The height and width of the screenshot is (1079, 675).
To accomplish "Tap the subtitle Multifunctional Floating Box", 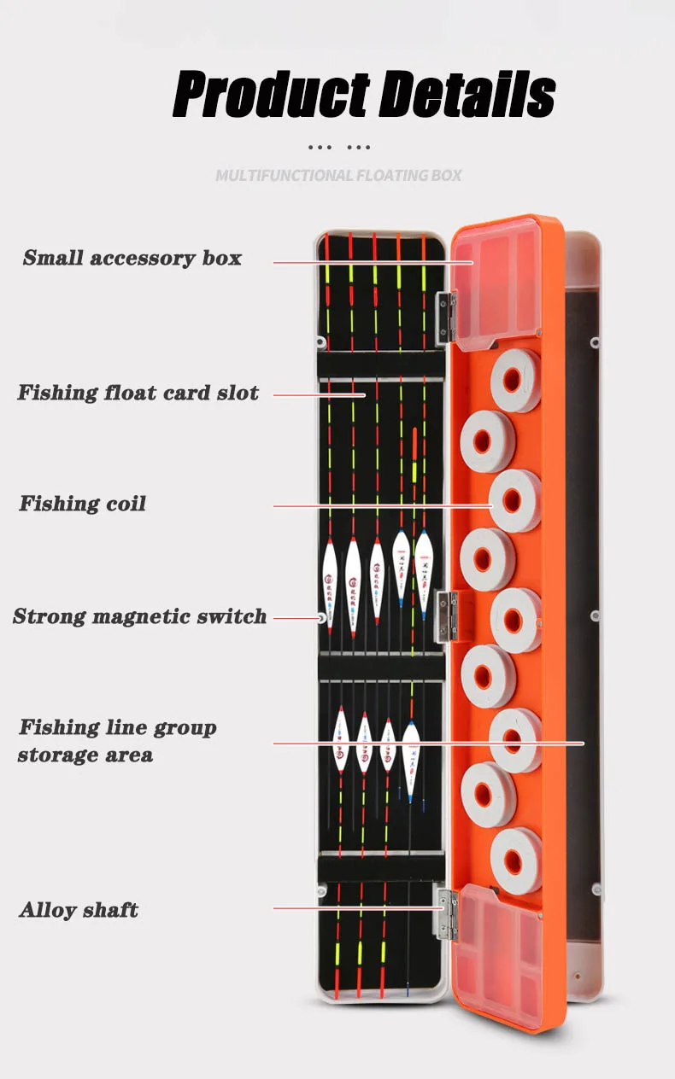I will [338, 176].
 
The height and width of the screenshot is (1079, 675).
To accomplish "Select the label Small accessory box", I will [132, 258].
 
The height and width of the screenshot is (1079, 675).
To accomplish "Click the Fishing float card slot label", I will [138, 394].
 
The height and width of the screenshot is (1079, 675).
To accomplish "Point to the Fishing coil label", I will [83, 504].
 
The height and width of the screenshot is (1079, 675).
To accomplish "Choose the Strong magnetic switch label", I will [140, 616].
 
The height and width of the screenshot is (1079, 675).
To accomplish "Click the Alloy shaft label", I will [79, 910].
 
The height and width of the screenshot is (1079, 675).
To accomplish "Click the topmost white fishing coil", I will [515, 380].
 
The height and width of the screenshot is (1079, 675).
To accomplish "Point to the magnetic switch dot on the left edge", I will [322, 616].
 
